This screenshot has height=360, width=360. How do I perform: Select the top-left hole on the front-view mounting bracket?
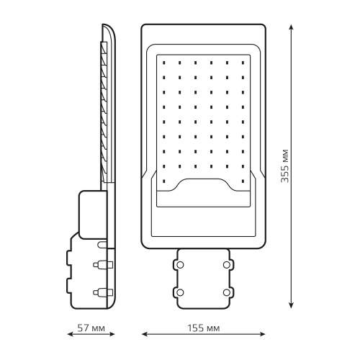(x=180, y=264)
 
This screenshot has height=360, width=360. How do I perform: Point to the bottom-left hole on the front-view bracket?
(x=180, y=292)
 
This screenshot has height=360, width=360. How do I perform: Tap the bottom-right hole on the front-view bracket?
(x=228, y=292)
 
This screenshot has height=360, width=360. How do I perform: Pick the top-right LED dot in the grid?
(x=243, y=62)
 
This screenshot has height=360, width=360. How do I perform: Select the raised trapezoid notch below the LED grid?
(x=204, y=186)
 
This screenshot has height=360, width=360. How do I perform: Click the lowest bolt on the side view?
(x=101, y=292)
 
